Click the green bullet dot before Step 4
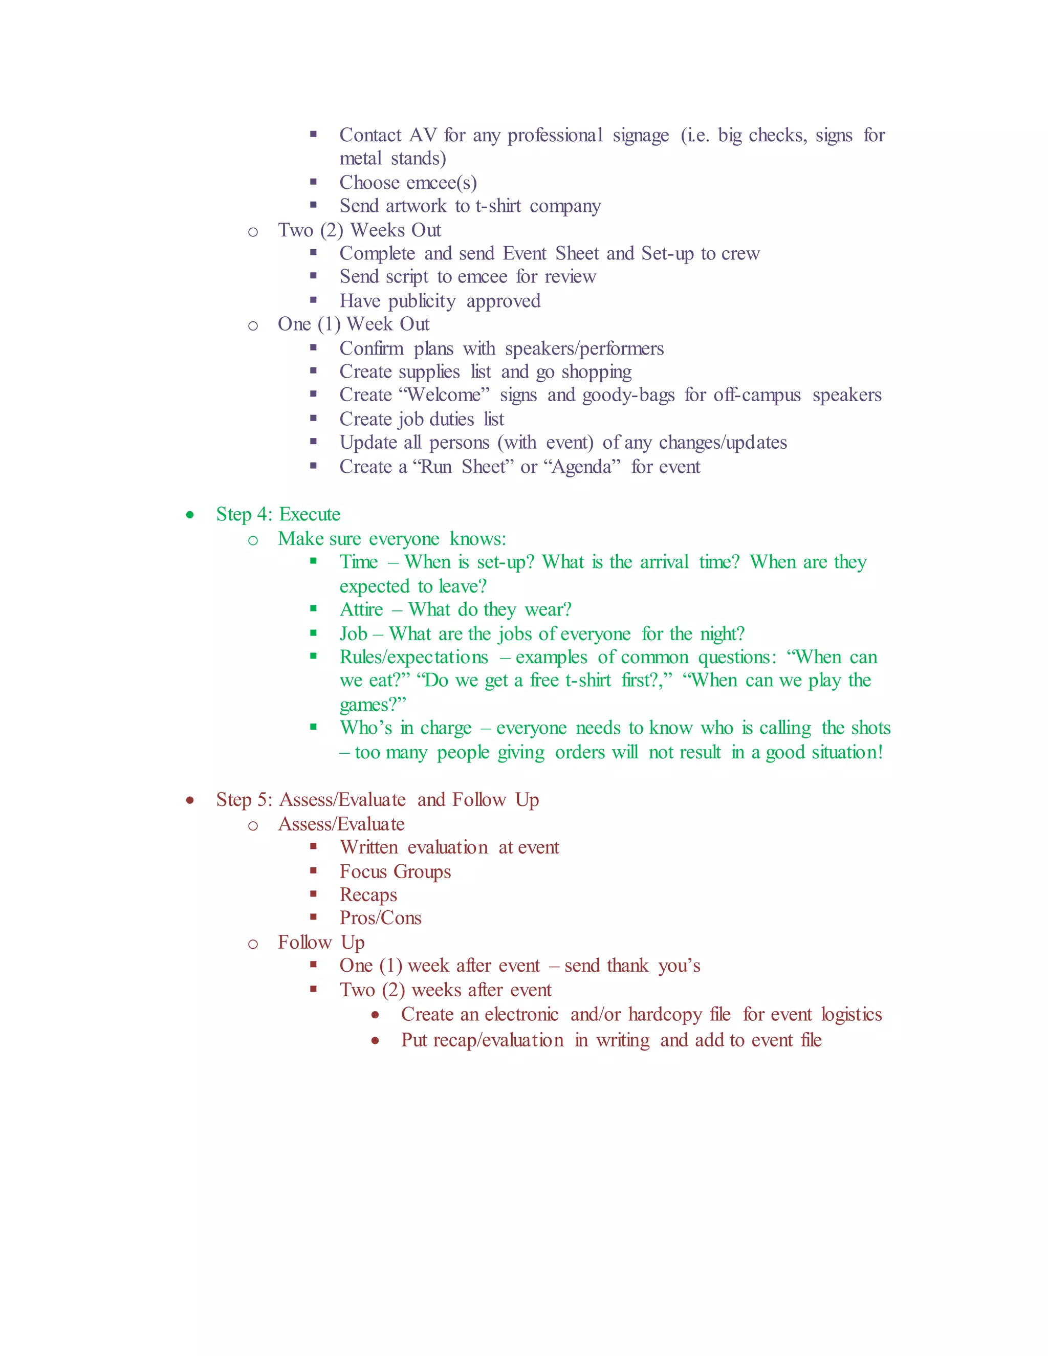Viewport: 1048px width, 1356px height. pyautogui.click(x=190, y=515)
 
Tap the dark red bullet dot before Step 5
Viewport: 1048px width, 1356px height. pyautogui.click(x=190, y=800)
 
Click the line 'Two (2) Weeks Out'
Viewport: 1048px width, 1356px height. pyautogui.click(x=359, y=230)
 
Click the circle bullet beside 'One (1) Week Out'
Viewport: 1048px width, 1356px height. pyautogui.click(x=253, y=325)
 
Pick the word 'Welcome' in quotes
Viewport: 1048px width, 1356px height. pyautogui.click(x=446, y=395)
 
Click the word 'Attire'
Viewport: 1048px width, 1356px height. pyautogui.click(x=361, y=610)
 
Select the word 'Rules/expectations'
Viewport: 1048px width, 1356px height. pyautogui.click(x=414, y=657)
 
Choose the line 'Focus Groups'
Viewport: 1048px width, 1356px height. pyautogui.click(x=395, y=872)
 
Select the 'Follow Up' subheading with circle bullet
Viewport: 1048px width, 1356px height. pyautogui.click(x=321, y=943)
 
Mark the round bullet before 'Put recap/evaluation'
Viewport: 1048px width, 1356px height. pyautogui.click(x=375, y=1041)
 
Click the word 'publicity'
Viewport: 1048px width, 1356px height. pyautogui.click(x=422, y=301)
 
